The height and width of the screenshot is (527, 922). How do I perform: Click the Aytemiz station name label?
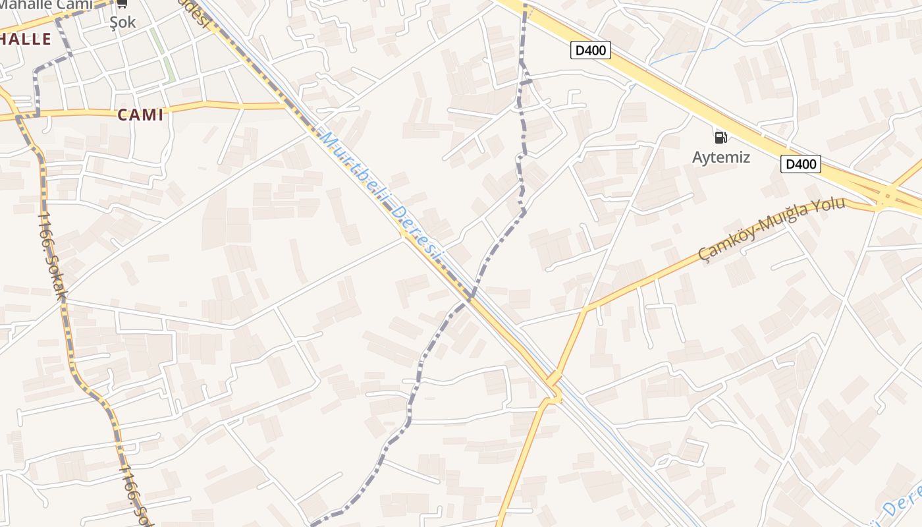click(x=720, y=157)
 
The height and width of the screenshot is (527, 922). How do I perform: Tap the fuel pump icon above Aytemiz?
click(x=720, y=137)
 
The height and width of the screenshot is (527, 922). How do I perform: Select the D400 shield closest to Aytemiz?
click(x=800, y=164)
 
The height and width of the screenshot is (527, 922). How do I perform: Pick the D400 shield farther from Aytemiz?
click(x=591, y=49)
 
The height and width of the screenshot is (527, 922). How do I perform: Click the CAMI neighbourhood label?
click(x=140, y=115)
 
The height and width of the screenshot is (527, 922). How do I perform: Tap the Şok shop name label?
click(x=122, y=22)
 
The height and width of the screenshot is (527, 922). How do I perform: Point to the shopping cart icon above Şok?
click(x=122, y=3)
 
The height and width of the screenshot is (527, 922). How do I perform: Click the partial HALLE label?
click(x=25, y=39)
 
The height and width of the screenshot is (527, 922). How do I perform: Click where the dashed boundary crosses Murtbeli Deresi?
click(x=470, y=298)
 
